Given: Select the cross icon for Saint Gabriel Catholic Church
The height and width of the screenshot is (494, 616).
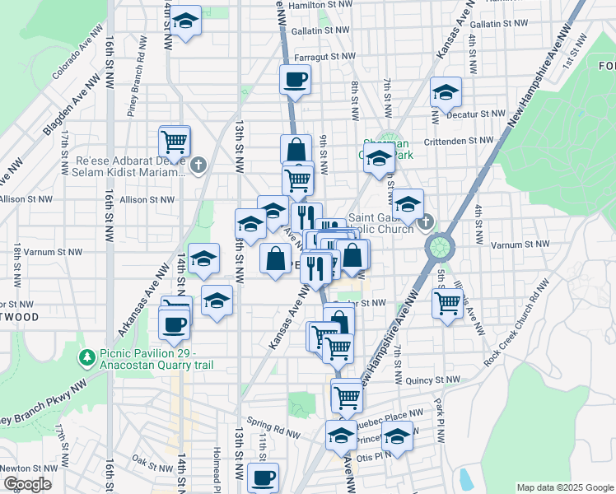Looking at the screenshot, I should pos(425,221).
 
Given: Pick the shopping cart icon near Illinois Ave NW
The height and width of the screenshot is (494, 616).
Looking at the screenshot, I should pos(447,302).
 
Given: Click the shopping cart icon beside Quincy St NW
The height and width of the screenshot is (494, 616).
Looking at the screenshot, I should pos(348,398).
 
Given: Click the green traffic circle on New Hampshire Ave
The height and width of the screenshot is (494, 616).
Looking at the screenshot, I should pos(441,245).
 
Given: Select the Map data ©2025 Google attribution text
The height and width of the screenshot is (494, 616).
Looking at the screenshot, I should pos(564,487).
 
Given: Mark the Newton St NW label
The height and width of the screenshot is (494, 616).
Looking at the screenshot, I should pos(26,466).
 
